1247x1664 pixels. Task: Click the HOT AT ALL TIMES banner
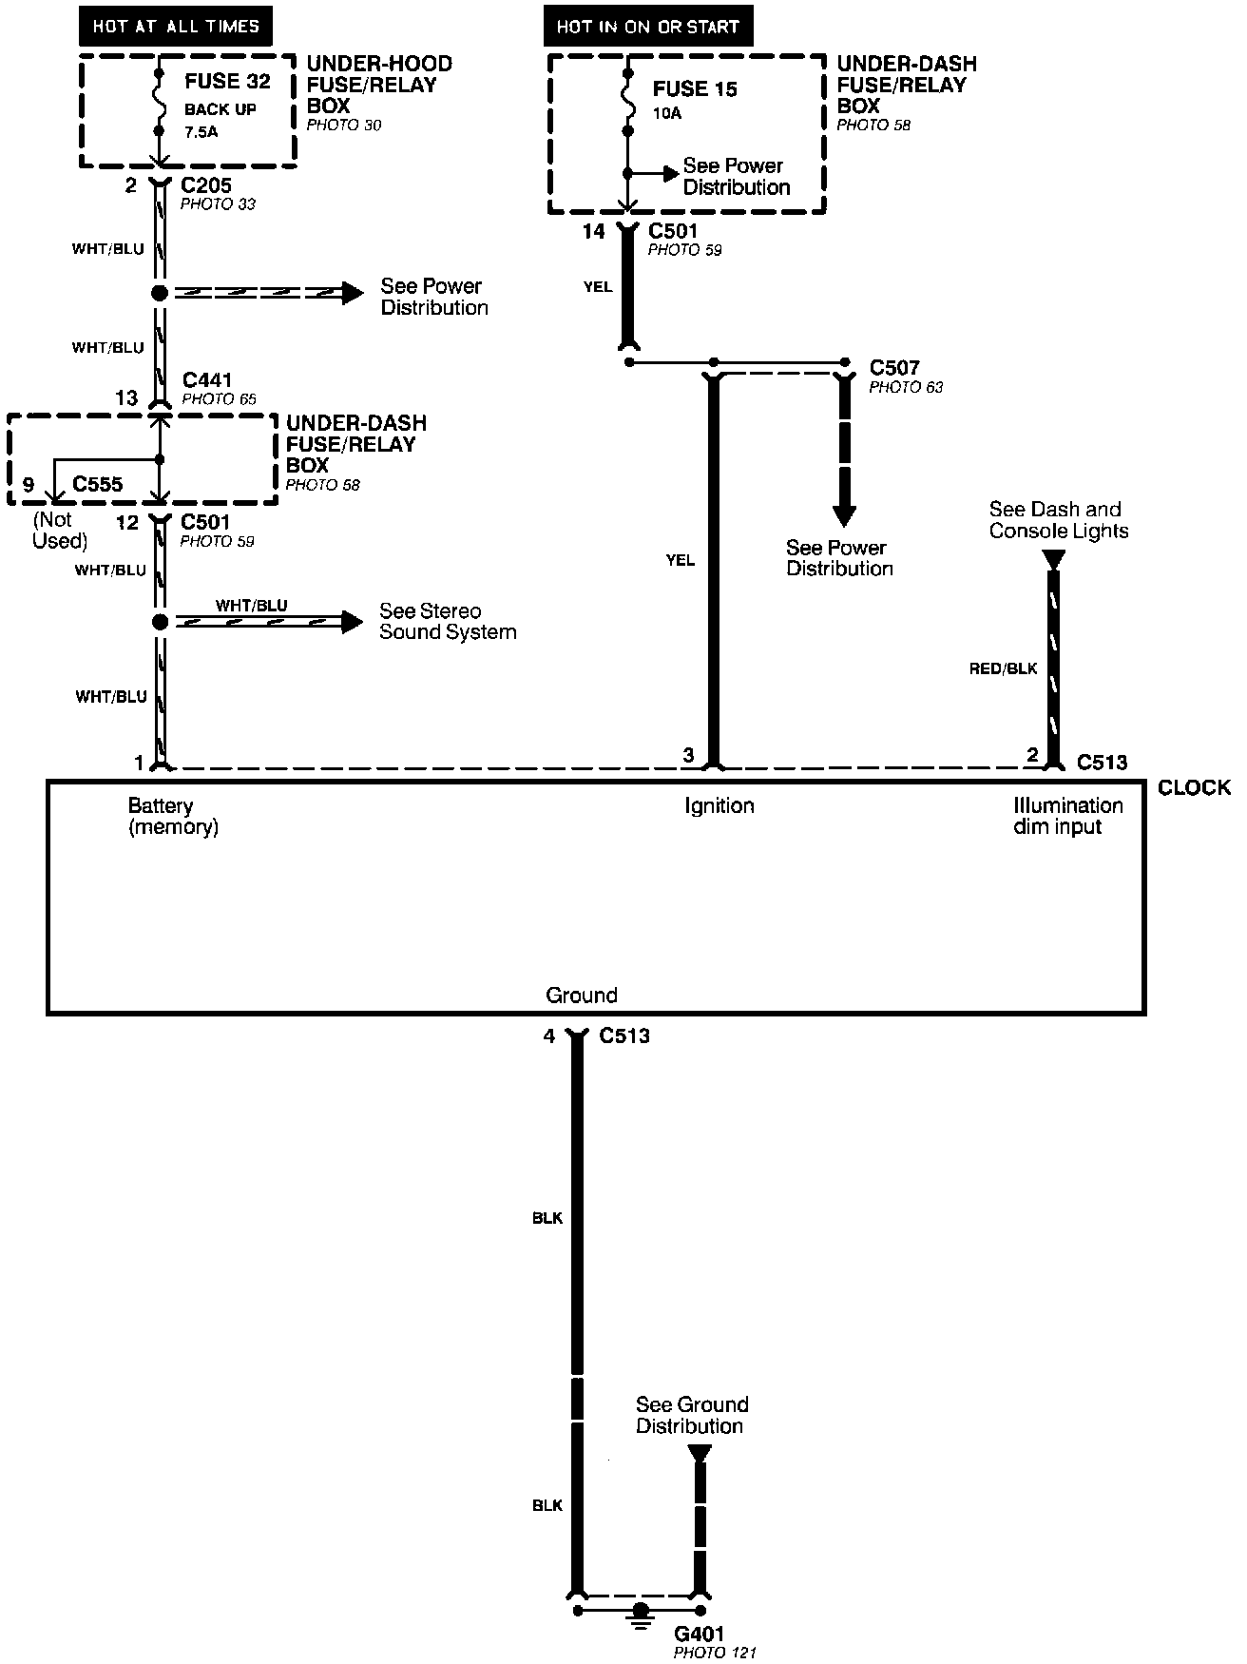[176, 27]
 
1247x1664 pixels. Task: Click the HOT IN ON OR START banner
[647, 27]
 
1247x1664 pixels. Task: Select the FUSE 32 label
[227, 82]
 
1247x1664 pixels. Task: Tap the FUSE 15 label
[695, 89]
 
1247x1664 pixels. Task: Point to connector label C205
[206, 185]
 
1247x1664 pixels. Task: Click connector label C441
[207, 380]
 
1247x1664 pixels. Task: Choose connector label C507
[894, 368]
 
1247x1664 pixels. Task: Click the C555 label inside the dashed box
[98, 484]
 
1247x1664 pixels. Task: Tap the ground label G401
[699, 1634]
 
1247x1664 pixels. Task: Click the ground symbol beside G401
[642, 1613]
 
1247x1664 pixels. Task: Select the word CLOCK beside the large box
[1194, 787]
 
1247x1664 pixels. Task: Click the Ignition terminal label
[719, 806]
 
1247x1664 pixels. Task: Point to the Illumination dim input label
[1067, 816]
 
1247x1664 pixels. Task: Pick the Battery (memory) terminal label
[173, 816]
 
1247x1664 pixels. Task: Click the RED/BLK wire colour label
[1003, 669]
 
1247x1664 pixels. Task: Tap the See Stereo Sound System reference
[448, 622]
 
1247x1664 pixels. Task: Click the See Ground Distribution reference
[691, 1415]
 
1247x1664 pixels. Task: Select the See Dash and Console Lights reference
[1058, 520]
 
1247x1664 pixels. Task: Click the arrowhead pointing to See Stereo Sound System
[353, 622]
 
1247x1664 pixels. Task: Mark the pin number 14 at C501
[593, 232]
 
